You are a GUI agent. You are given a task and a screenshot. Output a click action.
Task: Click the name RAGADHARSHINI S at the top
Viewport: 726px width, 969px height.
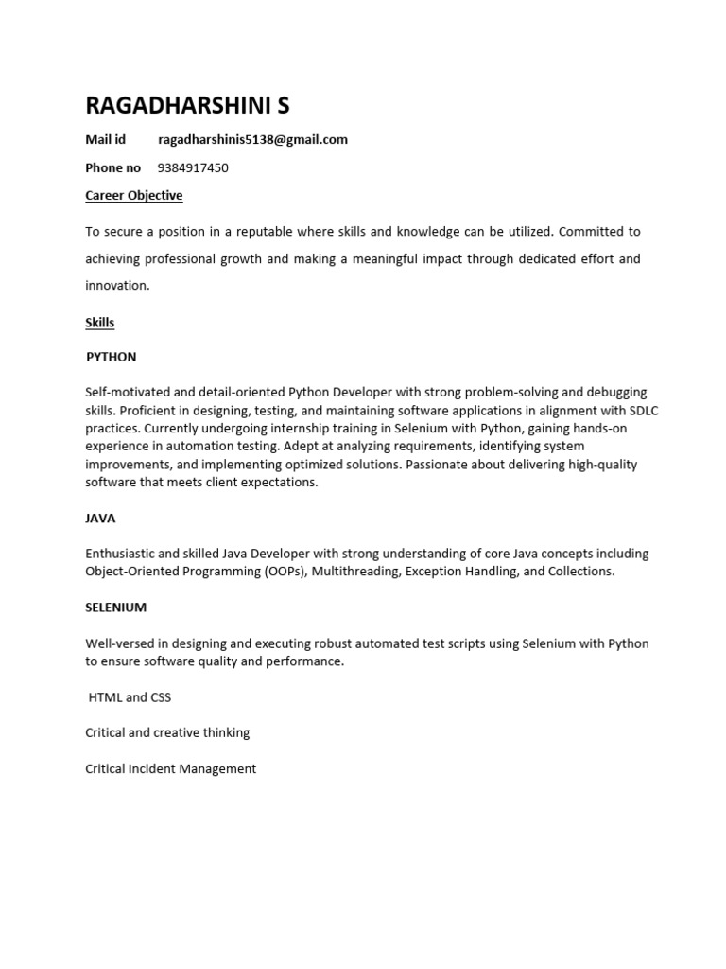(188, 104)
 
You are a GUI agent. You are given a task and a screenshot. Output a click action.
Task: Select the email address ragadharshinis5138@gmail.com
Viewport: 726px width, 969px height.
(252, 139)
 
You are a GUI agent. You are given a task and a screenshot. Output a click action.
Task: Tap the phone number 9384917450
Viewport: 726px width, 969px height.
(193, 167)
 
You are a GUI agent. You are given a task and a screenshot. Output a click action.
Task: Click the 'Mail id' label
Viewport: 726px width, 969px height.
(105, 139)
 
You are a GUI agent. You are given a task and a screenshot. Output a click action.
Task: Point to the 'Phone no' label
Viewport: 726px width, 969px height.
(112, 167)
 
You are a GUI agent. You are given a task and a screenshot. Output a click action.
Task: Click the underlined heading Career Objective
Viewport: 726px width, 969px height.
(133, 195)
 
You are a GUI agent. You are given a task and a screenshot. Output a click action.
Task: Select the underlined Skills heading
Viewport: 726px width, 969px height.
(99, 322)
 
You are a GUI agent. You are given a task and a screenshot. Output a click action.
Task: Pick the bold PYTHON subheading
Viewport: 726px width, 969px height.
(112, 357)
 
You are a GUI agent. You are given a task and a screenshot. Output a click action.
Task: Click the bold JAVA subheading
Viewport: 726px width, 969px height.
(100, 519)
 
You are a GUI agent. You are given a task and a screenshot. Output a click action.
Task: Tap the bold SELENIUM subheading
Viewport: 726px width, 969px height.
(116, 607)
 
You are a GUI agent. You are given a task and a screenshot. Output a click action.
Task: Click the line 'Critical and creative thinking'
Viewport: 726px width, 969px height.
(167, 732)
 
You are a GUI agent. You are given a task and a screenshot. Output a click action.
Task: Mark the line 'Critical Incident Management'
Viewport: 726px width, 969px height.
(170, 768)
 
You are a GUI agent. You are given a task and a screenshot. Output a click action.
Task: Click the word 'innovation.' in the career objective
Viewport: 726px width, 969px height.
(117, 285)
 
